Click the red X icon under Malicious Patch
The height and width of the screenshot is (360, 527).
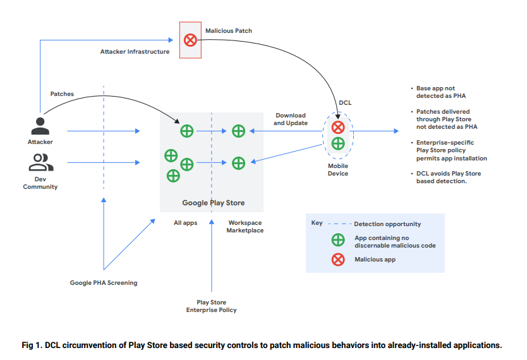[x=190, y=40]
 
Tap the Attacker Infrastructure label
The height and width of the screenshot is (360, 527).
[x=135, y=52]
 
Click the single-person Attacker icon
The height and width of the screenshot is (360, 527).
[x=40, y=126]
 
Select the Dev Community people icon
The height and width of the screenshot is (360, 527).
[x=40, y=162]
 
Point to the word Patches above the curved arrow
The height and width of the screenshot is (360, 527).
[x=62, y=94]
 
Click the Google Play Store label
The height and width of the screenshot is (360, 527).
[x=213, y=203]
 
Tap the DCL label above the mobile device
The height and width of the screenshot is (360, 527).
[x=346, y=102]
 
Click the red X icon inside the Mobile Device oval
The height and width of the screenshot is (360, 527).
[x=338, y=128]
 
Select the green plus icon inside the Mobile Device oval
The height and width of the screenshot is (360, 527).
[x=338, y=143]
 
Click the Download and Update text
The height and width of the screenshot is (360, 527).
[x=291, y=119]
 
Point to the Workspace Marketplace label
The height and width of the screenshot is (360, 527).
[x=245, y=227]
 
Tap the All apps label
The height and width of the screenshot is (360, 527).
[x=186, y=223]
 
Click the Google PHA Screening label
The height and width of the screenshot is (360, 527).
[x=104, y=283]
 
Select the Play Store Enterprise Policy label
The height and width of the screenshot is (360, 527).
[x=211, y=306]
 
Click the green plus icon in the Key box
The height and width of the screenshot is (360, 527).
[x=339, y=241]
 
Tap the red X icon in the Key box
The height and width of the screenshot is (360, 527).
[x=339, y=259]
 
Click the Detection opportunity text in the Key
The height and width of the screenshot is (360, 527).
[x=387, y=224]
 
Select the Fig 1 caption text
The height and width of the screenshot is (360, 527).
[x=262, y=345]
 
